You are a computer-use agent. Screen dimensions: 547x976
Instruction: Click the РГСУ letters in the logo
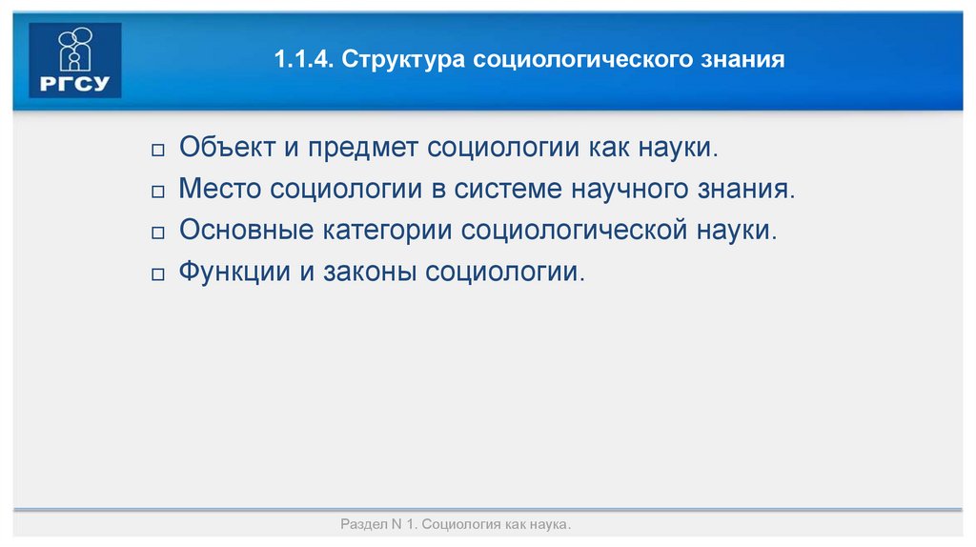click(x=75, y=83)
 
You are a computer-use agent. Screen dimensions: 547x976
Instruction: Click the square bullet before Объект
click(x=158, y=152)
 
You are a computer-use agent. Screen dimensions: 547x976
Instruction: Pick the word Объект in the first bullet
click(x=225, y=149)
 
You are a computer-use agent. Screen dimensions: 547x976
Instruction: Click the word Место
click(x=220, y=190)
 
